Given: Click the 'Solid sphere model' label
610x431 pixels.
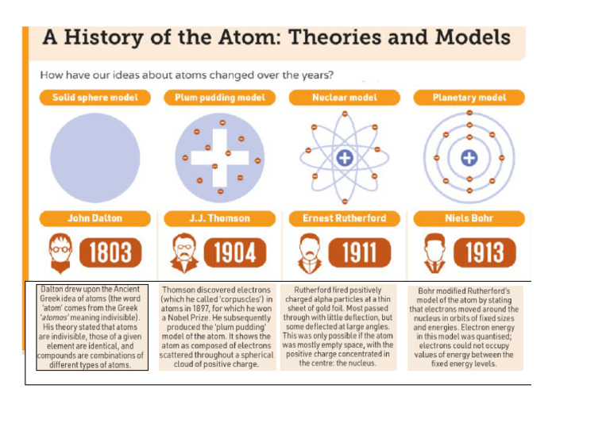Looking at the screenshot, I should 89,98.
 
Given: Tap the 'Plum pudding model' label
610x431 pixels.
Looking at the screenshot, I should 214,98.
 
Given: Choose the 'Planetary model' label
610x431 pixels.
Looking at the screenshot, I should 469,98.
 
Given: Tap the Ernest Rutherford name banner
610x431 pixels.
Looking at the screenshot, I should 345,217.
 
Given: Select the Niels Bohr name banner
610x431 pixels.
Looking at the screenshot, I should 470,217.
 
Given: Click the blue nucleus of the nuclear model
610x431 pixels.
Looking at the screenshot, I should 345,158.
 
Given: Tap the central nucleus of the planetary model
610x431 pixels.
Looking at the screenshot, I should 469,157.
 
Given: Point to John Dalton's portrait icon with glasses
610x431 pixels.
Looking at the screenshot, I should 57,252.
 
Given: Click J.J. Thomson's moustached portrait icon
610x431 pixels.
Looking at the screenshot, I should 180,253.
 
